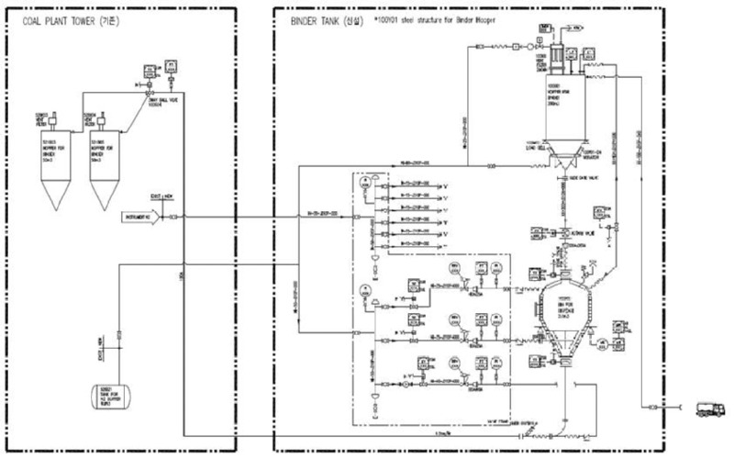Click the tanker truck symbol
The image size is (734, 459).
pos(709,409)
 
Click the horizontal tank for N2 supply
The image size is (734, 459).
pos(109,397)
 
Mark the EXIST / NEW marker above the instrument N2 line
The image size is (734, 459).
pos(159,196)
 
